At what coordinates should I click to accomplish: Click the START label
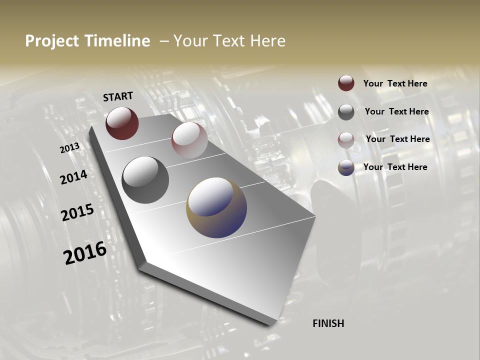(x=118, y=96)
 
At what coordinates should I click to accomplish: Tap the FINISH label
(x=328, y=323)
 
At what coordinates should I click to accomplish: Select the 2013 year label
(x=69, y=148)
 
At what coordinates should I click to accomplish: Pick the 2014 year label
(x=73, y=177)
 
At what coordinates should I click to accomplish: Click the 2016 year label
(x=85, y=252)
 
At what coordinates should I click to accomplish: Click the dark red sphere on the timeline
(x=122, y=123)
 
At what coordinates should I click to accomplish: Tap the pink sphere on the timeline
(x=189, y=140)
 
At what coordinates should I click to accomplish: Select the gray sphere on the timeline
(x=145, y=179)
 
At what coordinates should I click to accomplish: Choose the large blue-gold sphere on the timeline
(x=216, y=207)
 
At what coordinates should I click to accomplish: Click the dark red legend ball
(x=346, y=83)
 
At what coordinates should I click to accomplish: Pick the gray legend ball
(x=346, y=112)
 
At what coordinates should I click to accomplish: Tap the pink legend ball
(x=346, y=140)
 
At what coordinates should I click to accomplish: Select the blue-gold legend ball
(x=346, y=167)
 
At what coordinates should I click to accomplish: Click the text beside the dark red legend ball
(x=395, y=83)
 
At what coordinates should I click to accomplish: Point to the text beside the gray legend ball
(x=396, y=111)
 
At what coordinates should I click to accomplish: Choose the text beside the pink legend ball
(x=397, y=139)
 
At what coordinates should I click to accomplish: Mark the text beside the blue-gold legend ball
(x=395, y=167)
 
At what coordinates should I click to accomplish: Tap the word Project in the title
(x=51, y=41)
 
